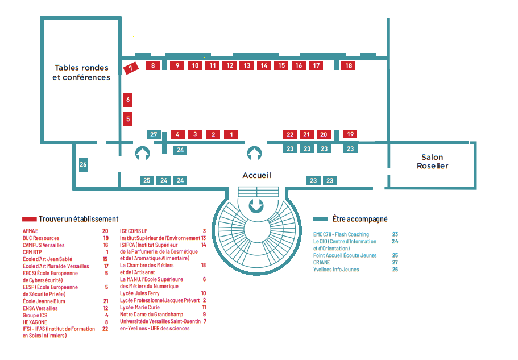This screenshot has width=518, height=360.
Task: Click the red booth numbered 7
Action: (x=131, y=68)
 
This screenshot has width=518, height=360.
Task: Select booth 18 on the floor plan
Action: (x=349, y=65)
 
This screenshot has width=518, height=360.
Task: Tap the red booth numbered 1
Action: (x=231, y=135)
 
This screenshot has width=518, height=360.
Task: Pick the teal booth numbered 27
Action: (x=154, y=135)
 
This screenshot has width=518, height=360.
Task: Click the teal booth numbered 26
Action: (x=83, y=165)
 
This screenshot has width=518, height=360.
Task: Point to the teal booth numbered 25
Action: (x=147, y=180)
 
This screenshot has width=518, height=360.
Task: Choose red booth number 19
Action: (x=350, y=134)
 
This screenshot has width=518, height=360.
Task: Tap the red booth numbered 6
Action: (x=128, y=100)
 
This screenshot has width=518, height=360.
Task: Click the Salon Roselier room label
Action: (x=432, y=162)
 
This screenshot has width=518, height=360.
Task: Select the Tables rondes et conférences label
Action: (x=81, y=72)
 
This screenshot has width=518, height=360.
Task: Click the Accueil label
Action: (x=256, y=175)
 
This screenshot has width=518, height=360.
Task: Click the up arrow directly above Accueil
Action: (x=254, y=153)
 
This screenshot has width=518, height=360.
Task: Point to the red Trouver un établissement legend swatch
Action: (x=29, y=219)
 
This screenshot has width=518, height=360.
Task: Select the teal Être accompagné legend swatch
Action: (x=321, y=219)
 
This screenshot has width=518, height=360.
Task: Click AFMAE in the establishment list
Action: (x=30, y=231)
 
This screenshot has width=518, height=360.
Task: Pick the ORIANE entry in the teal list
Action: (x=321, y=262)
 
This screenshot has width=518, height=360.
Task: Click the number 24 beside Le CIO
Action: (x=395, y=241)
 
